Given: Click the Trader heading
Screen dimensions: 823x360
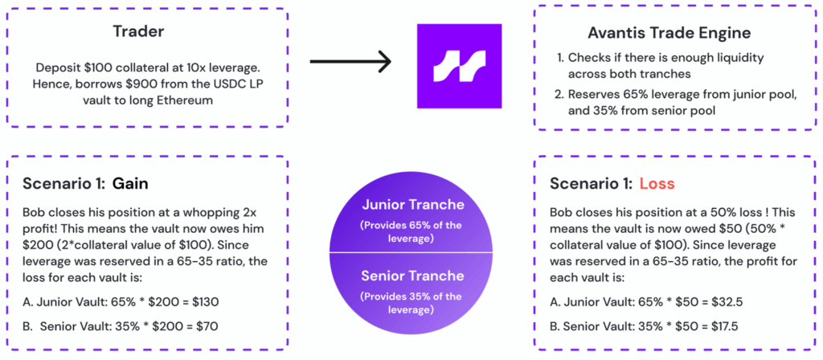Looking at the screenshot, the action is pos(138,31).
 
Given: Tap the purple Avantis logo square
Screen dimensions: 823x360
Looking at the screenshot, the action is pos(459,66).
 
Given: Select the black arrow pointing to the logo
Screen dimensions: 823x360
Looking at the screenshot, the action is pos(350,62).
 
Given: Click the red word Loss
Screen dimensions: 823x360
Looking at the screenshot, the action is pos(657,184).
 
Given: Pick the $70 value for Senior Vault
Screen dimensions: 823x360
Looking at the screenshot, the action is pos(205,326).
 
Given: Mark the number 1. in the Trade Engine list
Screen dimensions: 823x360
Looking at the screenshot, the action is pos(559,57).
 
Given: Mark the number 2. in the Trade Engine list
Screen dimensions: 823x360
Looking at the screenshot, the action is pos(559,95).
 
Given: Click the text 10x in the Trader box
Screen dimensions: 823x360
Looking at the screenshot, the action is pos(181,68).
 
